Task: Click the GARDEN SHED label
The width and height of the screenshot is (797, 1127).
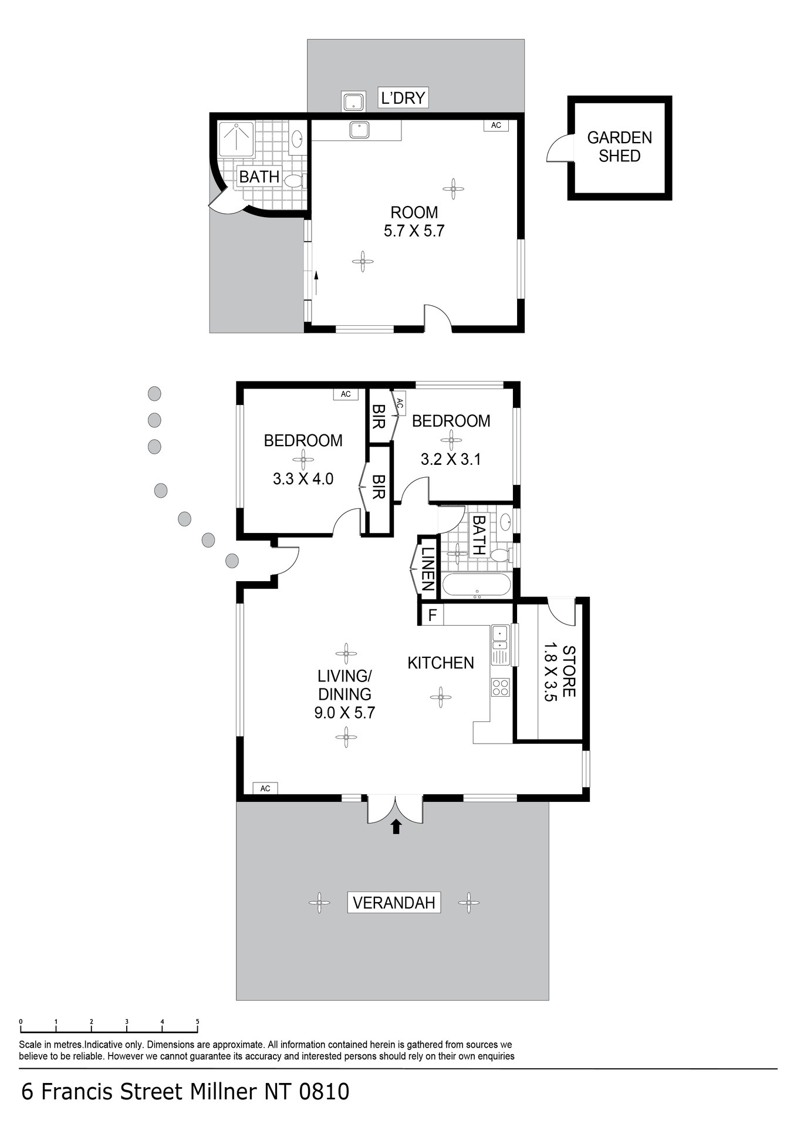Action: (619, 147)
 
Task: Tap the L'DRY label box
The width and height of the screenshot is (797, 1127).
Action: (403, 97)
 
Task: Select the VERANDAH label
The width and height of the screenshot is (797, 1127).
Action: (394, 902)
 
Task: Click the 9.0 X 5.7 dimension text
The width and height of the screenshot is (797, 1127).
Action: (345, 713)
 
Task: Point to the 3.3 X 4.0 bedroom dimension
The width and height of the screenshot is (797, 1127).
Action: (303, 479)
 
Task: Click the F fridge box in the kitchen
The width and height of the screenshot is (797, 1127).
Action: (433, 615)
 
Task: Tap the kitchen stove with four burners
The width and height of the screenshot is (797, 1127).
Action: (501, 687)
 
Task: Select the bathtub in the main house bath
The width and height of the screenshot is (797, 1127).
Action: (477, 585)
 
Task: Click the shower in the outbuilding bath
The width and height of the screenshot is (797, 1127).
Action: (236, 139)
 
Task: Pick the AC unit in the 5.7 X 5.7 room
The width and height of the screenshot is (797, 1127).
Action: (496, 125)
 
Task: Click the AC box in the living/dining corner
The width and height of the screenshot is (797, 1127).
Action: (265, 788)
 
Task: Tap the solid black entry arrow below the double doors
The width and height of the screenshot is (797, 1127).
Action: (396, 826)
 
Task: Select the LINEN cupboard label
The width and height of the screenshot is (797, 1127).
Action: (428, 569)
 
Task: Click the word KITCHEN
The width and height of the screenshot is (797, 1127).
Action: (441, 663)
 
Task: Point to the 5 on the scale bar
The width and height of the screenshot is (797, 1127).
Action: (198, 1022)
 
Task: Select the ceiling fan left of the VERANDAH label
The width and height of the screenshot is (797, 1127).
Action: (319, 902)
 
